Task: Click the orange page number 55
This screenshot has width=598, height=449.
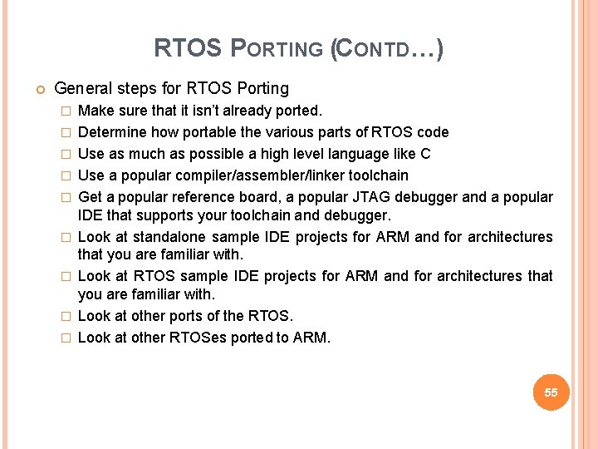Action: (x=551, y=392)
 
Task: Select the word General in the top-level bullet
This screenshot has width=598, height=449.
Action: (x=81, y=88)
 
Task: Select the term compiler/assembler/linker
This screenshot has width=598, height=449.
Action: (x=262, y=175)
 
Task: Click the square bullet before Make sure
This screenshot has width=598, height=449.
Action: (x=66, y=111)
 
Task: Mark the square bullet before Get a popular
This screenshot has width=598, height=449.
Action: (x=66, y=198)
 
